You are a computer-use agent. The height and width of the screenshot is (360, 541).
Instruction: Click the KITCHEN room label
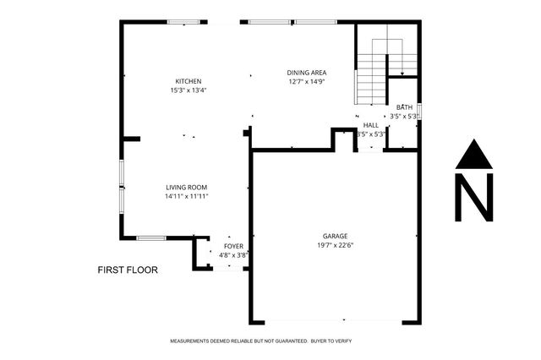pos(187,81)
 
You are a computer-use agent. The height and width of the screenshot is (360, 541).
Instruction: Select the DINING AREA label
pos(308,73)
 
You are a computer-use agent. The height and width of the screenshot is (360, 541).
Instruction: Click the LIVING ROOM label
pos(186,188)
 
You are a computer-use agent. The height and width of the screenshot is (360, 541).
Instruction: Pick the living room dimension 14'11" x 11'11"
pos(186,197)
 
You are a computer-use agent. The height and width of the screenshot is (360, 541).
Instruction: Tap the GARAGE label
pos(335,237)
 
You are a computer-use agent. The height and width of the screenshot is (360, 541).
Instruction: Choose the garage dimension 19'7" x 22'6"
pos(335,246)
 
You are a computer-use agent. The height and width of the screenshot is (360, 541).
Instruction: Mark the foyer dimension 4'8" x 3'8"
pos(233,254)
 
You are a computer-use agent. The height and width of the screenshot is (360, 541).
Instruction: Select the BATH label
pos(404,107)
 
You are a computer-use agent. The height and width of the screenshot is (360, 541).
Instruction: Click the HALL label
pos(370,124)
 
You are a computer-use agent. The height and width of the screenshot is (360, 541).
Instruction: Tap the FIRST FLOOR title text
pos(127,270)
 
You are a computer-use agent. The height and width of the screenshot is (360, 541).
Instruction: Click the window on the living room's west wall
pos(122,186)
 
